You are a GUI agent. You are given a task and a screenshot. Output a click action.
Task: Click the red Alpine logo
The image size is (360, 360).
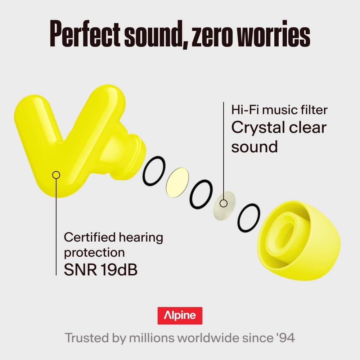180,316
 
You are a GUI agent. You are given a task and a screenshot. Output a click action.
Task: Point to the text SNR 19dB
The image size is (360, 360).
100,270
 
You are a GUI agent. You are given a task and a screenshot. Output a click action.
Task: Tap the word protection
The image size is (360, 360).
94,253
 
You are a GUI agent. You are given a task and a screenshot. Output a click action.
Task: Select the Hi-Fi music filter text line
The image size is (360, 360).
279,109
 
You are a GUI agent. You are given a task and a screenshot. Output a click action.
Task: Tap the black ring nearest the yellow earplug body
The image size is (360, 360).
154,171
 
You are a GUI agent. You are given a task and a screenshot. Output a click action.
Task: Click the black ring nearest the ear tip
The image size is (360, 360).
248,218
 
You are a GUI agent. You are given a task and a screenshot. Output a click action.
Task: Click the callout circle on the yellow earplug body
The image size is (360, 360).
56,175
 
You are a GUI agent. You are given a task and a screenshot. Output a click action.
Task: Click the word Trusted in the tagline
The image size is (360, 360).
85,338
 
